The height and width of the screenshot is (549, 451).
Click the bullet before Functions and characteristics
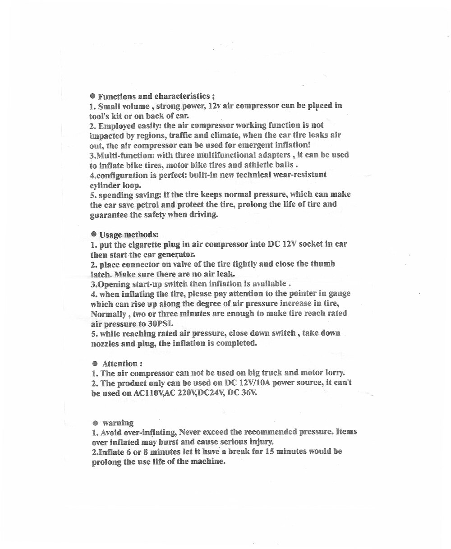tap(93, 96)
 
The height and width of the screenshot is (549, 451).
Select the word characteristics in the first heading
tap(182, 96)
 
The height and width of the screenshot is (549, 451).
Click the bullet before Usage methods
tap(93, 234)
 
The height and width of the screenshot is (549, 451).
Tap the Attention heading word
tap(120, 364)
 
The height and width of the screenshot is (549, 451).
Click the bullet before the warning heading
tap(95, 423)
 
